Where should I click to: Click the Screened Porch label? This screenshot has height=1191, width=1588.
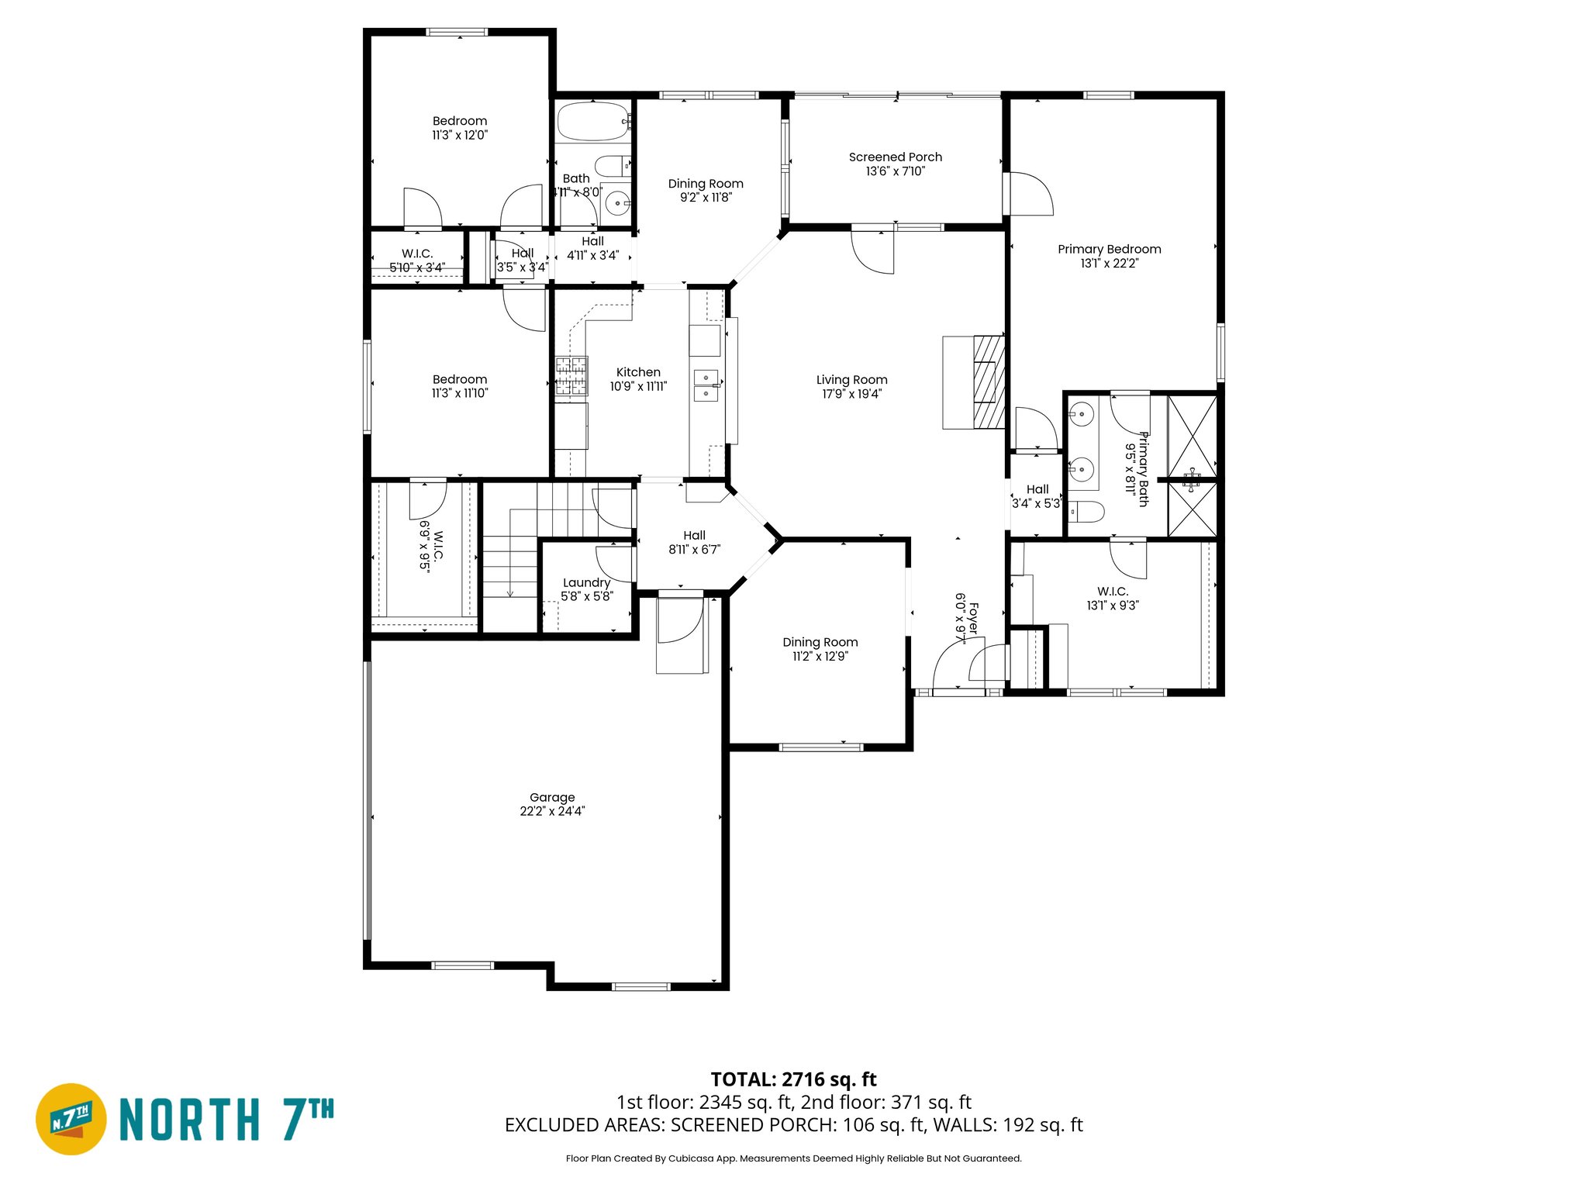[895, 157]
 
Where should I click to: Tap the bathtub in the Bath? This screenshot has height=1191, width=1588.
[593, 122]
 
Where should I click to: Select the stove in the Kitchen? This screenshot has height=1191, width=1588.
[571, 377]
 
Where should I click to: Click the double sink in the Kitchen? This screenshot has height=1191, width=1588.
[706, 385]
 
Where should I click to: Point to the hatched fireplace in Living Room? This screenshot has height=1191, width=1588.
[989, 381]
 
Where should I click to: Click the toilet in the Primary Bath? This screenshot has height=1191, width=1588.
[1087, 512]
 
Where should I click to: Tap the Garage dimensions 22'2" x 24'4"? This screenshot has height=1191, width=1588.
[552, 811]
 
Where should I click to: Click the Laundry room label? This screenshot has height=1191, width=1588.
[586, 583]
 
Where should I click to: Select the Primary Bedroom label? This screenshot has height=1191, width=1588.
[1109, 250]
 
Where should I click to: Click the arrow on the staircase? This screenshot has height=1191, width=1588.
[510, 592]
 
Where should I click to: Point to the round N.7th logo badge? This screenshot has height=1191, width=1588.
[71, 1119]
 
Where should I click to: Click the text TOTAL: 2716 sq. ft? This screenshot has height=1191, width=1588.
[793, 1079]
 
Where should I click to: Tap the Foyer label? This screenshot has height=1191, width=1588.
[973, 620]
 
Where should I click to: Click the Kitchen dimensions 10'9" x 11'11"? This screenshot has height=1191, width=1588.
[638, 386]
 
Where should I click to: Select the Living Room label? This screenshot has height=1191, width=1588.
[851, 380]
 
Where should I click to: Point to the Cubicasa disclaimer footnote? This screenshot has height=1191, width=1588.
[793, 1158]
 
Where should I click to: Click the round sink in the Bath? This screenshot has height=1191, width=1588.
[618, 204]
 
